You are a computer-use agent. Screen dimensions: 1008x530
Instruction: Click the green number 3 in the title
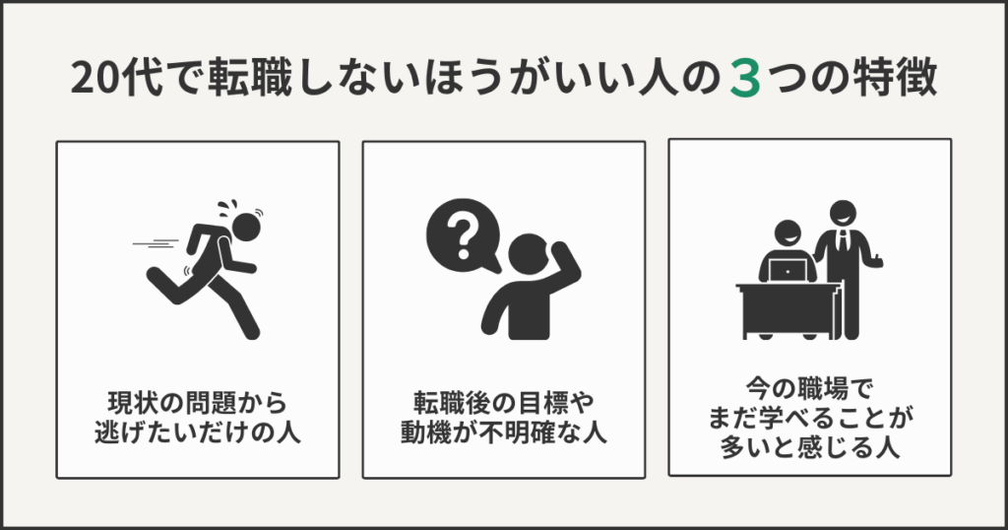[746, 80]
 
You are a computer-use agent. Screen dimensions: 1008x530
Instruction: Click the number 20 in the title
[94, 79]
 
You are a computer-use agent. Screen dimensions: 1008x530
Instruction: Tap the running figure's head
[246, 227]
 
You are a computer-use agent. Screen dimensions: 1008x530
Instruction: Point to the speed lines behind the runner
[156, 243]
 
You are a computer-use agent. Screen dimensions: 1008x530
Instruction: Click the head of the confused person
[528, 253]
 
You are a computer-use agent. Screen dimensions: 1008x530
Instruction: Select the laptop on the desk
[787, 271]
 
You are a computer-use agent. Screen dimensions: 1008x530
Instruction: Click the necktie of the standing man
[843, 241]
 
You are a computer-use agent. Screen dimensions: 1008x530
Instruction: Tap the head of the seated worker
[787, 234]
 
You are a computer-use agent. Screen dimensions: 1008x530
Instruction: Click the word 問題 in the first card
[212, 403]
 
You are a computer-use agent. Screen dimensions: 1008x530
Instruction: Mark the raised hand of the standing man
[876, 260]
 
